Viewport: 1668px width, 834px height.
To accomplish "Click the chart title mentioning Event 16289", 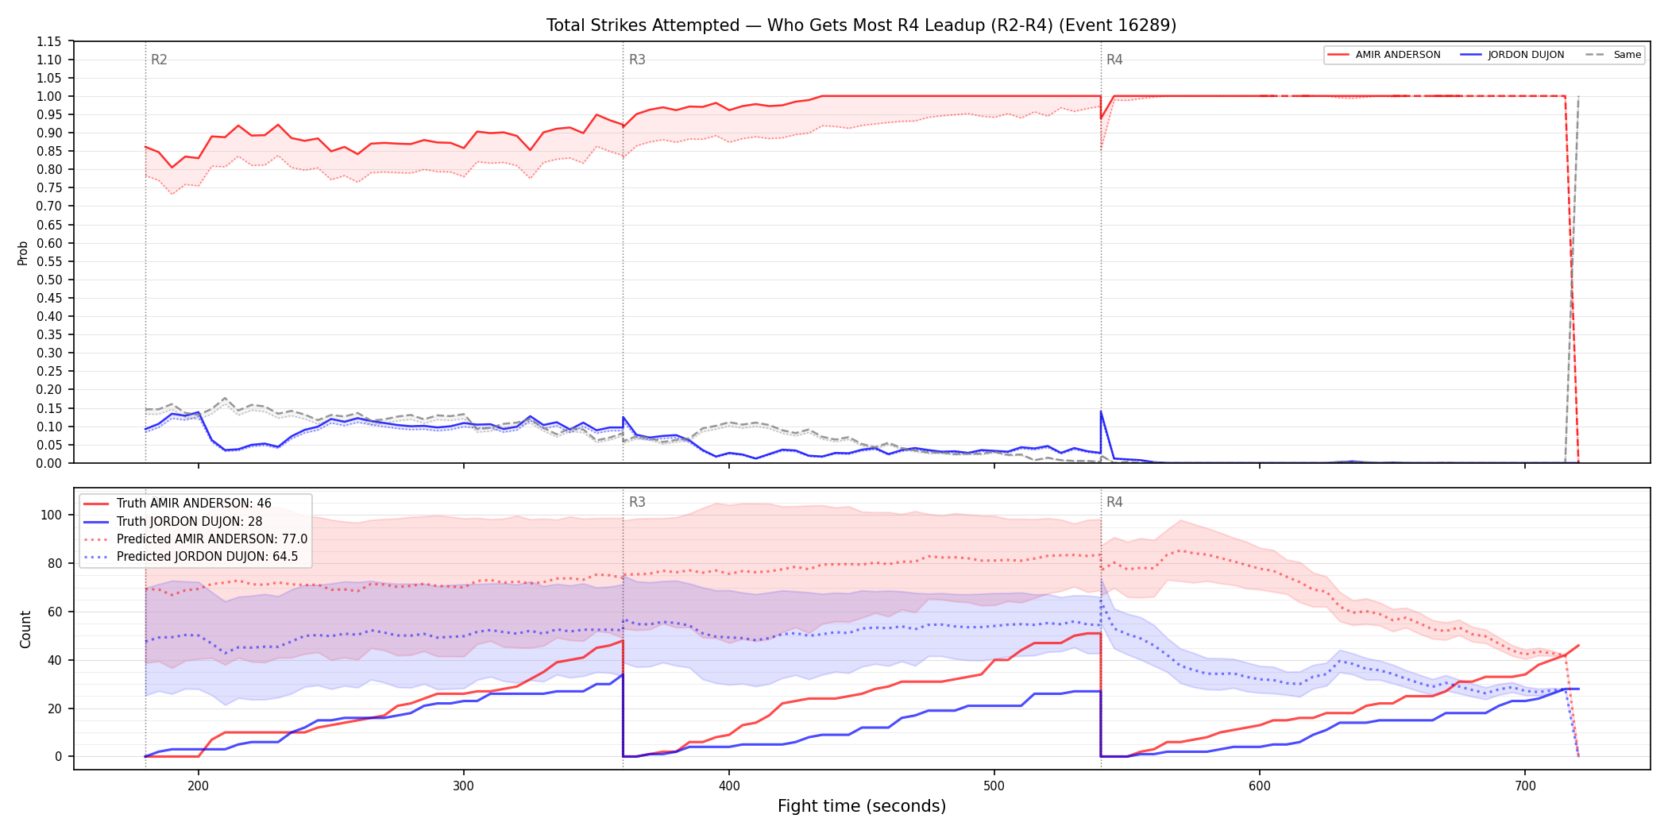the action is [861, 25].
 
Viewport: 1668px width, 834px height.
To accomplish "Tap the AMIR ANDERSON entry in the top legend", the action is [1397, 55].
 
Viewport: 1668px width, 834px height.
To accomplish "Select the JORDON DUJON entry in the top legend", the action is [1526, 55].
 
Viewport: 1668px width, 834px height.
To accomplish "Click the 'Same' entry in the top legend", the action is [1627, 55].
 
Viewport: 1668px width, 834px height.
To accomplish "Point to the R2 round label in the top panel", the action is [159, 60].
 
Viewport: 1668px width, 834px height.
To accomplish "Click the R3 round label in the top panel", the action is [637, 60].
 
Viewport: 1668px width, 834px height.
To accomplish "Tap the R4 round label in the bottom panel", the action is [1114, 502].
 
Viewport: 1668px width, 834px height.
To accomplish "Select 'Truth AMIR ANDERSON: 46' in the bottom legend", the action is [194, 504].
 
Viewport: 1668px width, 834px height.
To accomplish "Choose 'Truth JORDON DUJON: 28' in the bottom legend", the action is [189, 522].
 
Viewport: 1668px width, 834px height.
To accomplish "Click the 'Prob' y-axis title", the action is [23, 253].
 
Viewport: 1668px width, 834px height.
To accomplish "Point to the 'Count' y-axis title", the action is [25, 629].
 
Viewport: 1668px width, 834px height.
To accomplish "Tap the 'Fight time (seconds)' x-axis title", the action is [862, 806].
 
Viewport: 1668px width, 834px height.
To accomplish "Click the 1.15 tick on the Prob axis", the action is [49, 41].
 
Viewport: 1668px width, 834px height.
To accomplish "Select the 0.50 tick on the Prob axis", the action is [49, 280].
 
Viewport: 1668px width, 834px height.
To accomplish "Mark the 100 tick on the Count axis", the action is [51, 515].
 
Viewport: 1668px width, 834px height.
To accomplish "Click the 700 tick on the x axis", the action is [1525, 786].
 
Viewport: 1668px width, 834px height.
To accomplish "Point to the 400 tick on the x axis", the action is [729, 786].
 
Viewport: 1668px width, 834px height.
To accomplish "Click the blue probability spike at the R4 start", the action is [1101, 411].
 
